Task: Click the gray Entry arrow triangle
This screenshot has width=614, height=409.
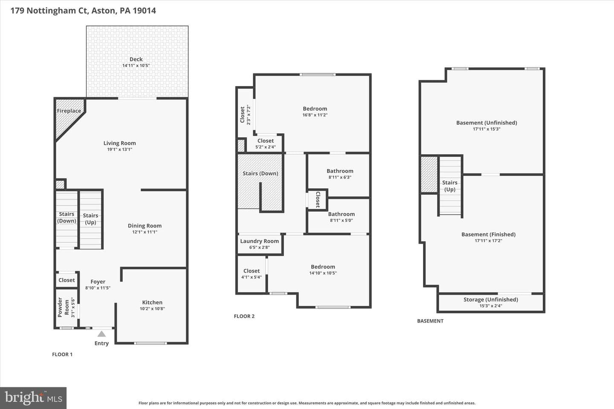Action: [101, 334]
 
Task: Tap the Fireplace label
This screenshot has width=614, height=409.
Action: [69, 111]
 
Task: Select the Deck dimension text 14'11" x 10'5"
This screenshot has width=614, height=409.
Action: [136, 66]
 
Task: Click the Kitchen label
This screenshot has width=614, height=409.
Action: [152, 302]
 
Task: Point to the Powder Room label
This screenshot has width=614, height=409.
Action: [63, 307]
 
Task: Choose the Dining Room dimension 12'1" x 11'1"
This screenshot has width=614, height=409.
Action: [145, 232]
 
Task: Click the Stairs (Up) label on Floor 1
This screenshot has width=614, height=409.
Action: [90, 219]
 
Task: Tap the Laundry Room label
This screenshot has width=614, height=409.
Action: [260, 241]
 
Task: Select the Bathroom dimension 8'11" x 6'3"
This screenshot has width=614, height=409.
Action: [340, 177]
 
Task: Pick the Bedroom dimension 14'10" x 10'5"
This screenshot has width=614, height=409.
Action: [323, 273]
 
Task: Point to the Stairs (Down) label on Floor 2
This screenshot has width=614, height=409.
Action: [261, 173]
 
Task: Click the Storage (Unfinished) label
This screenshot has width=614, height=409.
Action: [491, 300]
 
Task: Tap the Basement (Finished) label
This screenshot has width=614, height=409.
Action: [489, 234]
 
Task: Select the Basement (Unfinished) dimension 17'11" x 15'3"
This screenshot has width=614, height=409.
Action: [487, 129]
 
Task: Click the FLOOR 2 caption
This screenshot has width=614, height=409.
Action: [244, 316]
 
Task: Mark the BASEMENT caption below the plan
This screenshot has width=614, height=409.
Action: [430, 321]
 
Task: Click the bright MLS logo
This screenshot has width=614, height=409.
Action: [33, 398]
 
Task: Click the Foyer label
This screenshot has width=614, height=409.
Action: [98, 282]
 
